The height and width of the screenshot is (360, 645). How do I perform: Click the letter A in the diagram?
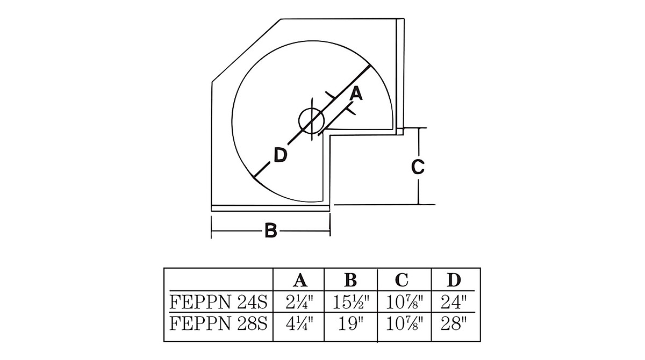tap(356, 94)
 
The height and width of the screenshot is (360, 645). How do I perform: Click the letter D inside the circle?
tap(281, 155)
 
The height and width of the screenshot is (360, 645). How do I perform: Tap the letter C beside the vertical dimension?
tap(418, 167)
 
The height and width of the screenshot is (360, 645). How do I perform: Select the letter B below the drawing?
tap(271, 231)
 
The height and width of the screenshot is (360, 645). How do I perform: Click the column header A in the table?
tap(300, 280)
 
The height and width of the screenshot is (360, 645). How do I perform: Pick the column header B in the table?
tap(350, 280)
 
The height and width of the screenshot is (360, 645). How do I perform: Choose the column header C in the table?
tap(402, 280)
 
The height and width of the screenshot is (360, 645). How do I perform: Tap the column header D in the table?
tap(454, 280)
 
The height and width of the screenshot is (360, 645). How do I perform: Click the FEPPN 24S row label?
tap(219, 302)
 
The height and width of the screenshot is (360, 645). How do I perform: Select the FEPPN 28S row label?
tap(219, 323)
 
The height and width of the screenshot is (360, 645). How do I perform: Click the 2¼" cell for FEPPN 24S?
tap(299, 302)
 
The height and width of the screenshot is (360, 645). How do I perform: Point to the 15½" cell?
tap(350, 302)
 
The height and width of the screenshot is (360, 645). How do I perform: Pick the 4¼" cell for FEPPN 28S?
tap(299, 323)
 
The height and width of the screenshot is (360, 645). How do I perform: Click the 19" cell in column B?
tap(350, 323)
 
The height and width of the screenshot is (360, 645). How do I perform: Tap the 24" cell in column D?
tap(454, 302)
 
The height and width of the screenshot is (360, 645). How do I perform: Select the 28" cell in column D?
tap(454, 323)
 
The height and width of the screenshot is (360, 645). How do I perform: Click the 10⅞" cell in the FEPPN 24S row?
tap(404, 302)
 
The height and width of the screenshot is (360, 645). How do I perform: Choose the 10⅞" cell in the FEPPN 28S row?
tap(404, 323)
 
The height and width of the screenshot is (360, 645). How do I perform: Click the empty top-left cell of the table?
tap(219, 279)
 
